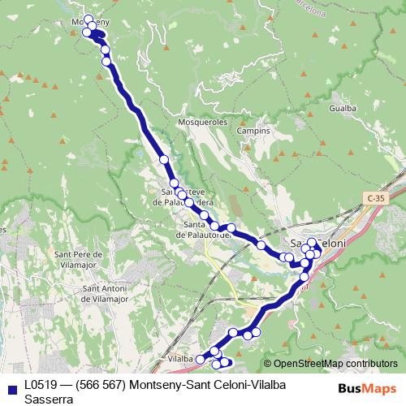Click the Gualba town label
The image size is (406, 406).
point(342,106)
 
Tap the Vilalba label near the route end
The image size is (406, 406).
point(179,358)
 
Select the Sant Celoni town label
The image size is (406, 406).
point(318,243)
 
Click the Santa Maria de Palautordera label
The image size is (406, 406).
point(204,230)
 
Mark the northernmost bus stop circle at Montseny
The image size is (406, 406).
point(89,19)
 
